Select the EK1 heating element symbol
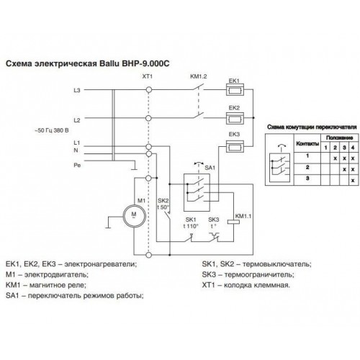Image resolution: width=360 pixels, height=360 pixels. coord(235,90)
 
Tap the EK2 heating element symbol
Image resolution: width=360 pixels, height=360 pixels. coord(235,118)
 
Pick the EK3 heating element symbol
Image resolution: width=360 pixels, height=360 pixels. coord(235,146)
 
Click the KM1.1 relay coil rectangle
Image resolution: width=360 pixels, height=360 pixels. coord(233,222)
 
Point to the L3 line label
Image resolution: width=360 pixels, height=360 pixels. coord(77,91)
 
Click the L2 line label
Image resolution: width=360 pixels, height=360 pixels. coord(77,120)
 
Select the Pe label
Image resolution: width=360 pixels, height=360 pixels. coord(77,166)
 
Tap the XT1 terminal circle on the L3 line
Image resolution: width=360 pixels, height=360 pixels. coord(149,90)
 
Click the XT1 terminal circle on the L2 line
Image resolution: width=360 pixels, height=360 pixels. coord(149,118)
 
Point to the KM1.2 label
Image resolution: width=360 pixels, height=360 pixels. coord(199,76)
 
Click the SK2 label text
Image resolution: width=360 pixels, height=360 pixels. coord(163,201)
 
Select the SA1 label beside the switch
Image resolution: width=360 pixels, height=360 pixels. coord(210,168)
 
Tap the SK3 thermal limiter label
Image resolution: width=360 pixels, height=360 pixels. coord(214,220)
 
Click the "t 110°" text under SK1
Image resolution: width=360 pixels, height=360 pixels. coord(191,226)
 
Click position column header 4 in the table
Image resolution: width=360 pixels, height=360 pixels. coord(353,148)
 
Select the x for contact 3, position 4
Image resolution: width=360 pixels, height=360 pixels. coord(353,180)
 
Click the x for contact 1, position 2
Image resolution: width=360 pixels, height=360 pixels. coord(336,158)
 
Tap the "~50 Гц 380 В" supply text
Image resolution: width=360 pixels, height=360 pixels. coord(52,130)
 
